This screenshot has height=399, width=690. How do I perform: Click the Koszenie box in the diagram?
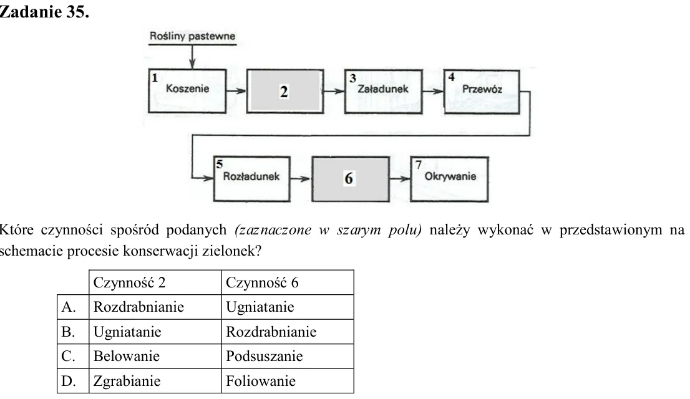click(x=187, y=91)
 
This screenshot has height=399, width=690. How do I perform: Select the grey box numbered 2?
click(x=284, y=91)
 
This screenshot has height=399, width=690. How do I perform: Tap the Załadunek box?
click(x=383, y=92)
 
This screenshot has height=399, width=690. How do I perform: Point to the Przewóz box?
click(x=482, y=92)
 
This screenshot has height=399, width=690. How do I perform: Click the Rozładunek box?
click(x=251, y=178)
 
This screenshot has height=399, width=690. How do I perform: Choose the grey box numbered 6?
click(x=350, y=178)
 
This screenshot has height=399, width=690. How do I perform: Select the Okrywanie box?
click(x=449, y=178)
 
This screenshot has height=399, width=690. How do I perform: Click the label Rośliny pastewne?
click(x=192, y=36)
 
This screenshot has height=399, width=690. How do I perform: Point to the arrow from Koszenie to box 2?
click(x=236, y=91)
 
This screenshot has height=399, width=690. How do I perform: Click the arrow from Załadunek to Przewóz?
click(x=433, y=92)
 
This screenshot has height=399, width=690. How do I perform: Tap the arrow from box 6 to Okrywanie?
click(x=400, y=178)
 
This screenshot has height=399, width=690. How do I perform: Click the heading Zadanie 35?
click(x=44, y=12)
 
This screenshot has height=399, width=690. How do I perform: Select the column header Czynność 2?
click(x=129, y=282)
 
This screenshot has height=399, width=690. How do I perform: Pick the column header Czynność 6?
click(x=262, y=282)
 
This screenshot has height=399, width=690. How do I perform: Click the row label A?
click(x=68, y=307)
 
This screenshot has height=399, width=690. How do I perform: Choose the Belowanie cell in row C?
click(x=126, y=356)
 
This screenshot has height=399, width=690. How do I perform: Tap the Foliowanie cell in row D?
click(x=261, y=380)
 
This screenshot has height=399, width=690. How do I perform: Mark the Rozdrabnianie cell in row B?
click(x=271, y=331)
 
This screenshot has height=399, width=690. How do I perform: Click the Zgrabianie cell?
click(x=127, y=381)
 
